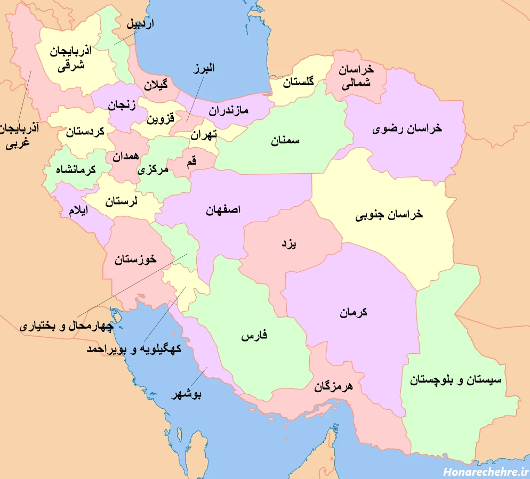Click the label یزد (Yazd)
click(288, 244)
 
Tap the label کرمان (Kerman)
click(354, 313)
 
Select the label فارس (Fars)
click(254, 336)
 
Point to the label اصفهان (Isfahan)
click(223, 210)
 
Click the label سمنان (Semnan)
click(285, 141)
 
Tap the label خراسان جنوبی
click(389, 215)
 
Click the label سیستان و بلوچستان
click(456, 380)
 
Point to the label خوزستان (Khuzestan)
click(135, 259)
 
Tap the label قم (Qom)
click(191, 164)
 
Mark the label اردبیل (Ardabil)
click(140, 24)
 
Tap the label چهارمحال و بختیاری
click(67, 326)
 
